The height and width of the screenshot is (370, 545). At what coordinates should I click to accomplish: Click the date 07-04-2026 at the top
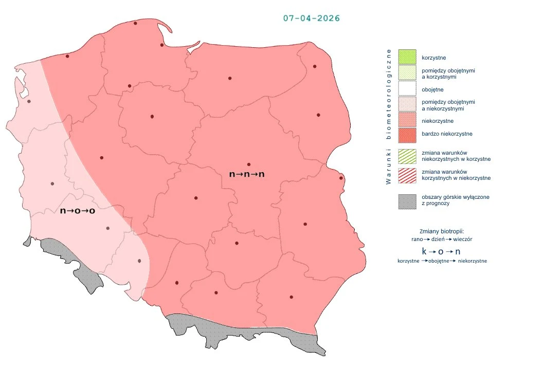pos(311,18)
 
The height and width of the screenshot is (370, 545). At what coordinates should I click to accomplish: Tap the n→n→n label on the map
pos(247,174)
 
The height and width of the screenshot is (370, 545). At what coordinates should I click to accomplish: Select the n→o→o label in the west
pos(78,211)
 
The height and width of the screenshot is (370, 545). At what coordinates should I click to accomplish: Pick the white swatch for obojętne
pos(407,90)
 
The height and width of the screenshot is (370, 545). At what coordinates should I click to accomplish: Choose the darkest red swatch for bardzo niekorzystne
pos(407,134)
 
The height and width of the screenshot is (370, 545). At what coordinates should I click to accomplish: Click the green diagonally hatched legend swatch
pos(407,156)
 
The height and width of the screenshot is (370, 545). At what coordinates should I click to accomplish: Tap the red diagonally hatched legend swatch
pos(407,175)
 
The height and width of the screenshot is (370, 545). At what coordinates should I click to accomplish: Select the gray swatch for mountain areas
pos(407,200)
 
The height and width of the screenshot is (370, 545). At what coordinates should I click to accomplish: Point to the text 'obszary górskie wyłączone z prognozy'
pos(455,200)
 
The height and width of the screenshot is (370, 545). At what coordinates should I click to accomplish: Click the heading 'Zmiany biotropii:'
pos(442,231)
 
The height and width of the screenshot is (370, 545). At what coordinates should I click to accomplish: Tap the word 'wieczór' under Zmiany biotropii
pos(463,239)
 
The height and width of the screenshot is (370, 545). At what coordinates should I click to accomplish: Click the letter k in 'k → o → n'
pos(424,251)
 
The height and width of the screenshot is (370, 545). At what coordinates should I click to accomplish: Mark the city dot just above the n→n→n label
pos(249,164)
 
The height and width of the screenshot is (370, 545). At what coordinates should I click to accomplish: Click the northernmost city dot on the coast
pos(135,23)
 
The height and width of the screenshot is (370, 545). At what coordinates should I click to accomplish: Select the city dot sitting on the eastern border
pos(341,178)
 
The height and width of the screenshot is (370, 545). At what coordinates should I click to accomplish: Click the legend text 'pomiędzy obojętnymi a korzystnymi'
pos(448,73)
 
